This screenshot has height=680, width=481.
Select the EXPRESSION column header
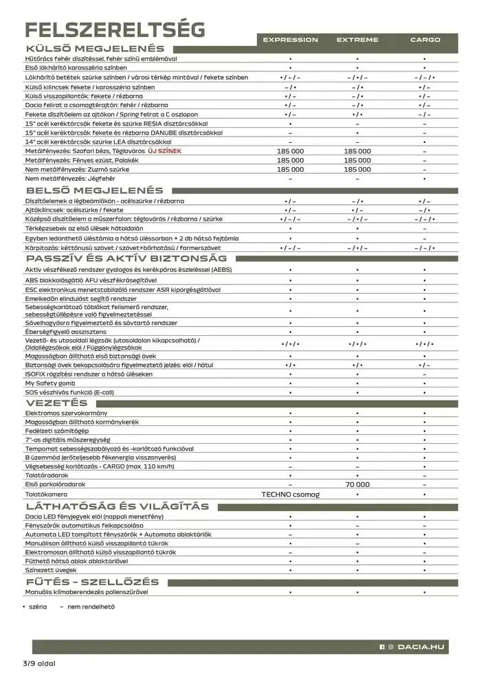[291, 40]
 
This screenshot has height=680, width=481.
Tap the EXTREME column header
[357, 40]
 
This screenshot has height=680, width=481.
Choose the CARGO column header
[425, 40]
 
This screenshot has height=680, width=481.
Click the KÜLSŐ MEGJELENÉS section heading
[95, 49]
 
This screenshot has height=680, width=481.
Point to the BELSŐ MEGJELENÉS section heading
[95, 190]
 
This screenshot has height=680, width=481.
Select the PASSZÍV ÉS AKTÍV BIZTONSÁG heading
[126, 258]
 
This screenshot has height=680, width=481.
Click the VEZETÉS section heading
[56, 403]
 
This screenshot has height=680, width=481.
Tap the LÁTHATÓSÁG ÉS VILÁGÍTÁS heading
[117, 506]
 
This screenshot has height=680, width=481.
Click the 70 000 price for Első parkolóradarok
[357, 484]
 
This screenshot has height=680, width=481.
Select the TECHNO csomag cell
[291, 494]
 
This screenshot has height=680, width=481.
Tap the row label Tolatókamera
[46, 494]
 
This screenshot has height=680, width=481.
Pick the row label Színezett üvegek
[51, 570]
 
